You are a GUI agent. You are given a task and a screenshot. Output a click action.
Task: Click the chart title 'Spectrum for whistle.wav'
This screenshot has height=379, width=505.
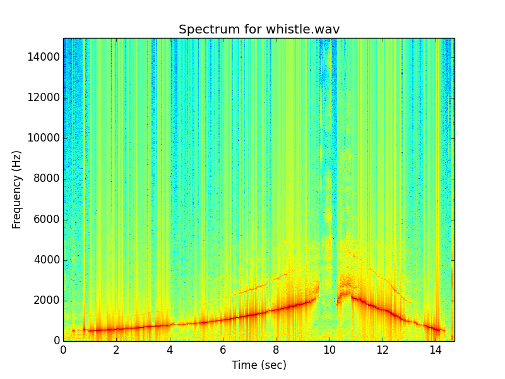[259, 30]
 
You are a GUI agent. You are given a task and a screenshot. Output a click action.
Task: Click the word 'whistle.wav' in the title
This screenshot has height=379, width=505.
[304, 30]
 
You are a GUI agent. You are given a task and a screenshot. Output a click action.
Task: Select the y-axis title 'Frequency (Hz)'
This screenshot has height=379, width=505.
[17, 189]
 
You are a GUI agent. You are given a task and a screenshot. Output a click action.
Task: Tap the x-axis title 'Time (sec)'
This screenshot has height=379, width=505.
[259, 365]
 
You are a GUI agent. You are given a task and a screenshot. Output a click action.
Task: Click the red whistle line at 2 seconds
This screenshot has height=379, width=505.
[116, 328]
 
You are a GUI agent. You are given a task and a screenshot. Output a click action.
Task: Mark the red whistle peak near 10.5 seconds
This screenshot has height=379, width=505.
[344, 294]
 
